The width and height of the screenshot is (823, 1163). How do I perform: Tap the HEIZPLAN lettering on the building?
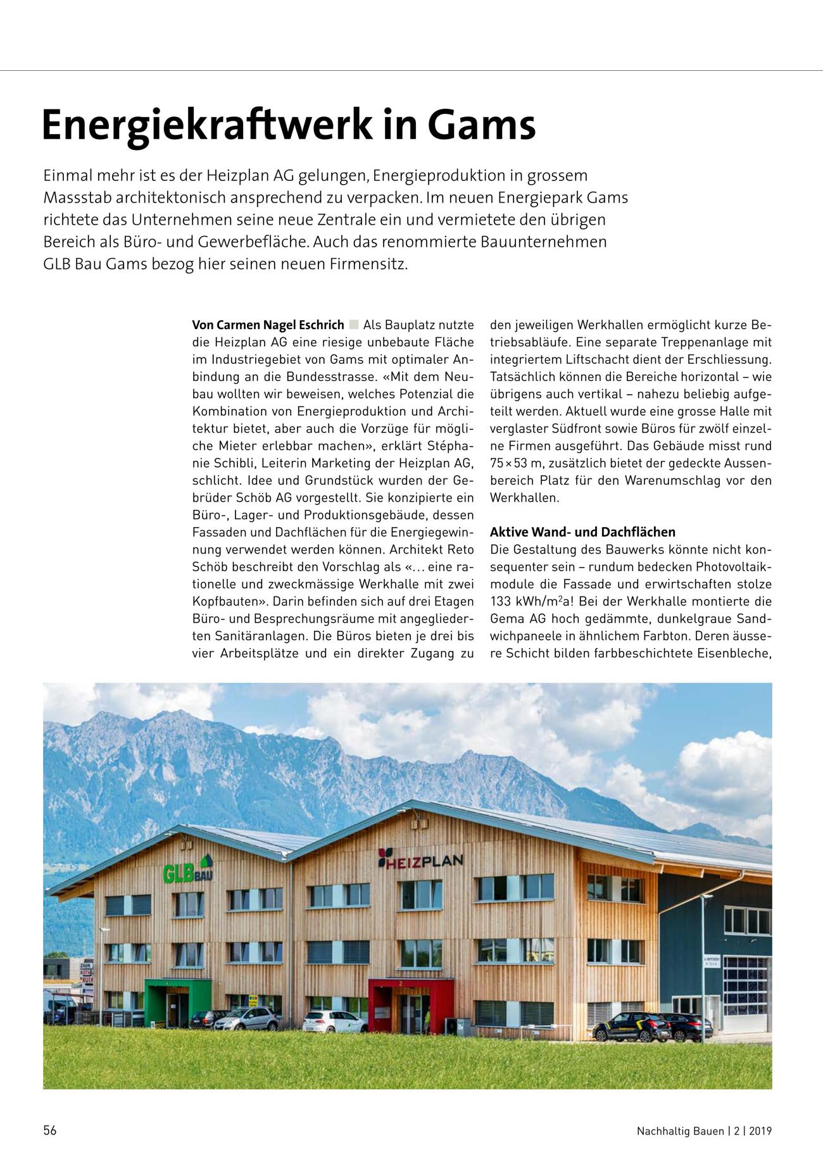(420, 860)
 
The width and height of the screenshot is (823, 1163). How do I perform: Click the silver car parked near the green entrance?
(246, 1019)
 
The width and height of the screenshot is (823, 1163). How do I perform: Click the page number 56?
(50, 1131)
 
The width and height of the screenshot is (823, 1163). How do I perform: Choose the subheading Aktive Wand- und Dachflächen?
(582, 532)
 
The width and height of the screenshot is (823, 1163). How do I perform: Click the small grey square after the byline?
(353, 325)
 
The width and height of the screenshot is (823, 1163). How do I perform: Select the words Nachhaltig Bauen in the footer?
(680, 1131)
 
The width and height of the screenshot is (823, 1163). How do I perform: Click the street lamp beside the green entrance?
(103, 962)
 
